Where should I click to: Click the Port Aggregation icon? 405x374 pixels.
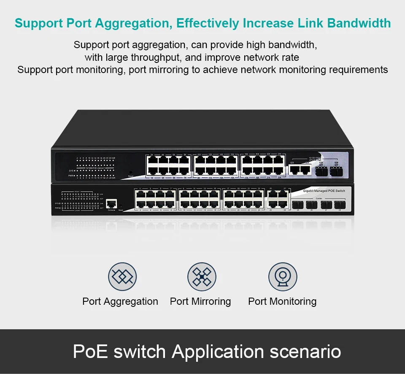click(122, 276)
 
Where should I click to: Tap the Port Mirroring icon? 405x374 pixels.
click(202, 276)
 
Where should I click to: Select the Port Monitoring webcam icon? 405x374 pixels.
click(283, 276)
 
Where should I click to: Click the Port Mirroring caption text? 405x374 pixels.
click(200, 301)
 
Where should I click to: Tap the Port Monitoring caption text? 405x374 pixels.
click(282, 301)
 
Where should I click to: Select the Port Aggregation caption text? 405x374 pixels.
click(120, 301)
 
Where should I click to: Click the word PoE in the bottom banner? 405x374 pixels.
click(89, 351)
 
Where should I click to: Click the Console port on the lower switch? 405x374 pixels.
click(111, 203)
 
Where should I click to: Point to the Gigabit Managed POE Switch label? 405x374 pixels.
click(324, 191)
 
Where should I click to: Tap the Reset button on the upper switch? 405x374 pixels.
click(130, 172)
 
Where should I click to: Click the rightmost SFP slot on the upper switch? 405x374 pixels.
click(337, 171)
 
